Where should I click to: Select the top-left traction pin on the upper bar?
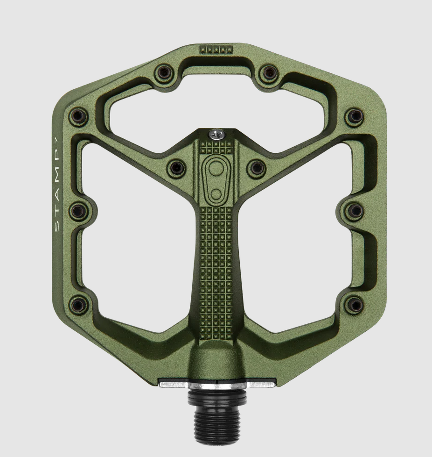point(164,72)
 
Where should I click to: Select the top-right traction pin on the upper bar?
point(269,72)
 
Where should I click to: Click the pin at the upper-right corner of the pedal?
point(355,116)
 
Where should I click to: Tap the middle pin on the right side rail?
point(355,211)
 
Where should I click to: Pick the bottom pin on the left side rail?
point(78,305)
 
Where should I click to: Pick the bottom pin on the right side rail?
point(355,306)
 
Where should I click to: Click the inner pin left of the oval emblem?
point(177,167)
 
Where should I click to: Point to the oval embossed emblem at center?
point(216,179)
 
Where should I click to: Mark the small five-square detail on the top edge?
point(216,49)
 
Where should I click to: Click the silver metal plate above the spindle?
point(216,384)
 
